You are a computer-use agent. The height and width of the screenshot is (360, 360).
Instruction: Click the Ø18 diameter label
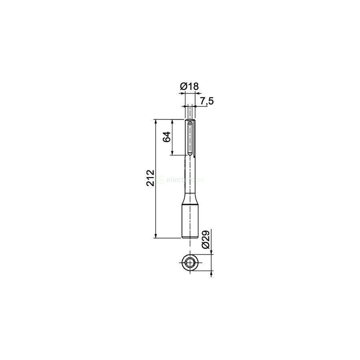click(x=189, y=86)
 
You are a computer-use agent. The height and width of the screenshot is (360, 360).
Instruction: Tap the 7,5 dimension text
click(x=206, y=101)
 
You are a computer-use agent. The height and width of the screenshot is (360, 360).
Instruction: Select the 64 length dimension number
click(x=167, y=137)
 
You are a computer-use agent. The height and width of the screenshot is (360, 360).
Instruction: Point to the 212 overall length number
click(x=150, y=178)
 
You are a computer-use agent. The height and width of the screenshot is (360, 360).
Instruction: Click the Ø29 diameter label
click(x=206, y=240)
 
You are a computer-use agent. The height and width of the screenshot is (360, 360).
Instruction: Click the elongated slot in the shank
click(x=190, y=138)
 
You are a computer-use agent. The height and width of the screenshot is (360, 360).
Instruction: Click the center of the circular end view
click(x=190, y=263)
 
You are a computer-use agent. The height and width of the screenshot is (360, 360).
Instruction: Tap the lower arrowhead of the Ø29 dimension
click(x=211, y=274)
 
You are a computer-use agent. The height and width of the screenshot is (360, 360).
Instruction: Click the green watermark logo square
click(x=160, y=180)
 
